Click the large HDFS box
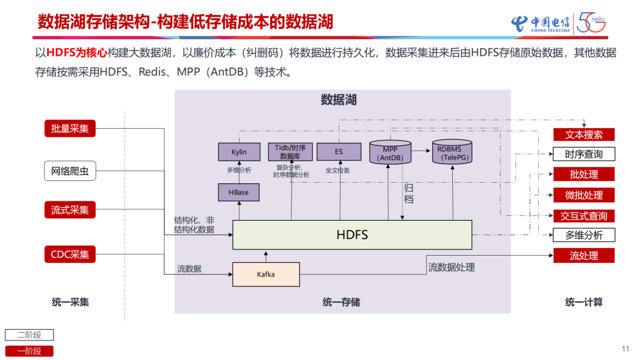pyautogui.click(x=352, y=235)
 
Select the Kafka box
pyautogui.click(x=266, y=275)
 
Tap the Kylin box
pyautogui.click(x=239, y=152)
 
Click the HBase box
pyautogui.click(x=239, y=192)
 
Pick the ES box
pyautogui.click(x=338, y=152)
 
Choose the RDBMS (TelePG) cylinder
pyautogui.click(x=453, y=152)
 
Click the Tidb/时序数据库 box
pyautogui.click(x=290, y=151)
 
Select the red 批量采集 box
pyautogui.click(x=70, y=128)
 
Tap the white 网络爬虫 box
pyautogui.click(x=70, y=171)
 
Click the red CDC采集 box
pyautogui.click(x=70, y=254)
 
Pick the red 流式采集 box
pyautogui.click(x=70, y=210)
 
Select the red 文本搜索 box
pyautogui.click(x=583, y=135)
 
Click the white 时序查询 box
pyautogui.click(x=583, y=154)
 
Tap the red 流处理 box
pyautogui.click(x=583, y=256)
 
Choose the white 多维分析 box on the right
pyautogui.click(x=583, y=235)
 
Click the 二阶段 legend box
pyautogui.click(x=29, y=335)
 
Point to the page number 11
pyautogui.click(x=624, y=349)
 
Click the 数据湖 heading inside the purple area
pyautogui.click(x=338, y=99)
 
